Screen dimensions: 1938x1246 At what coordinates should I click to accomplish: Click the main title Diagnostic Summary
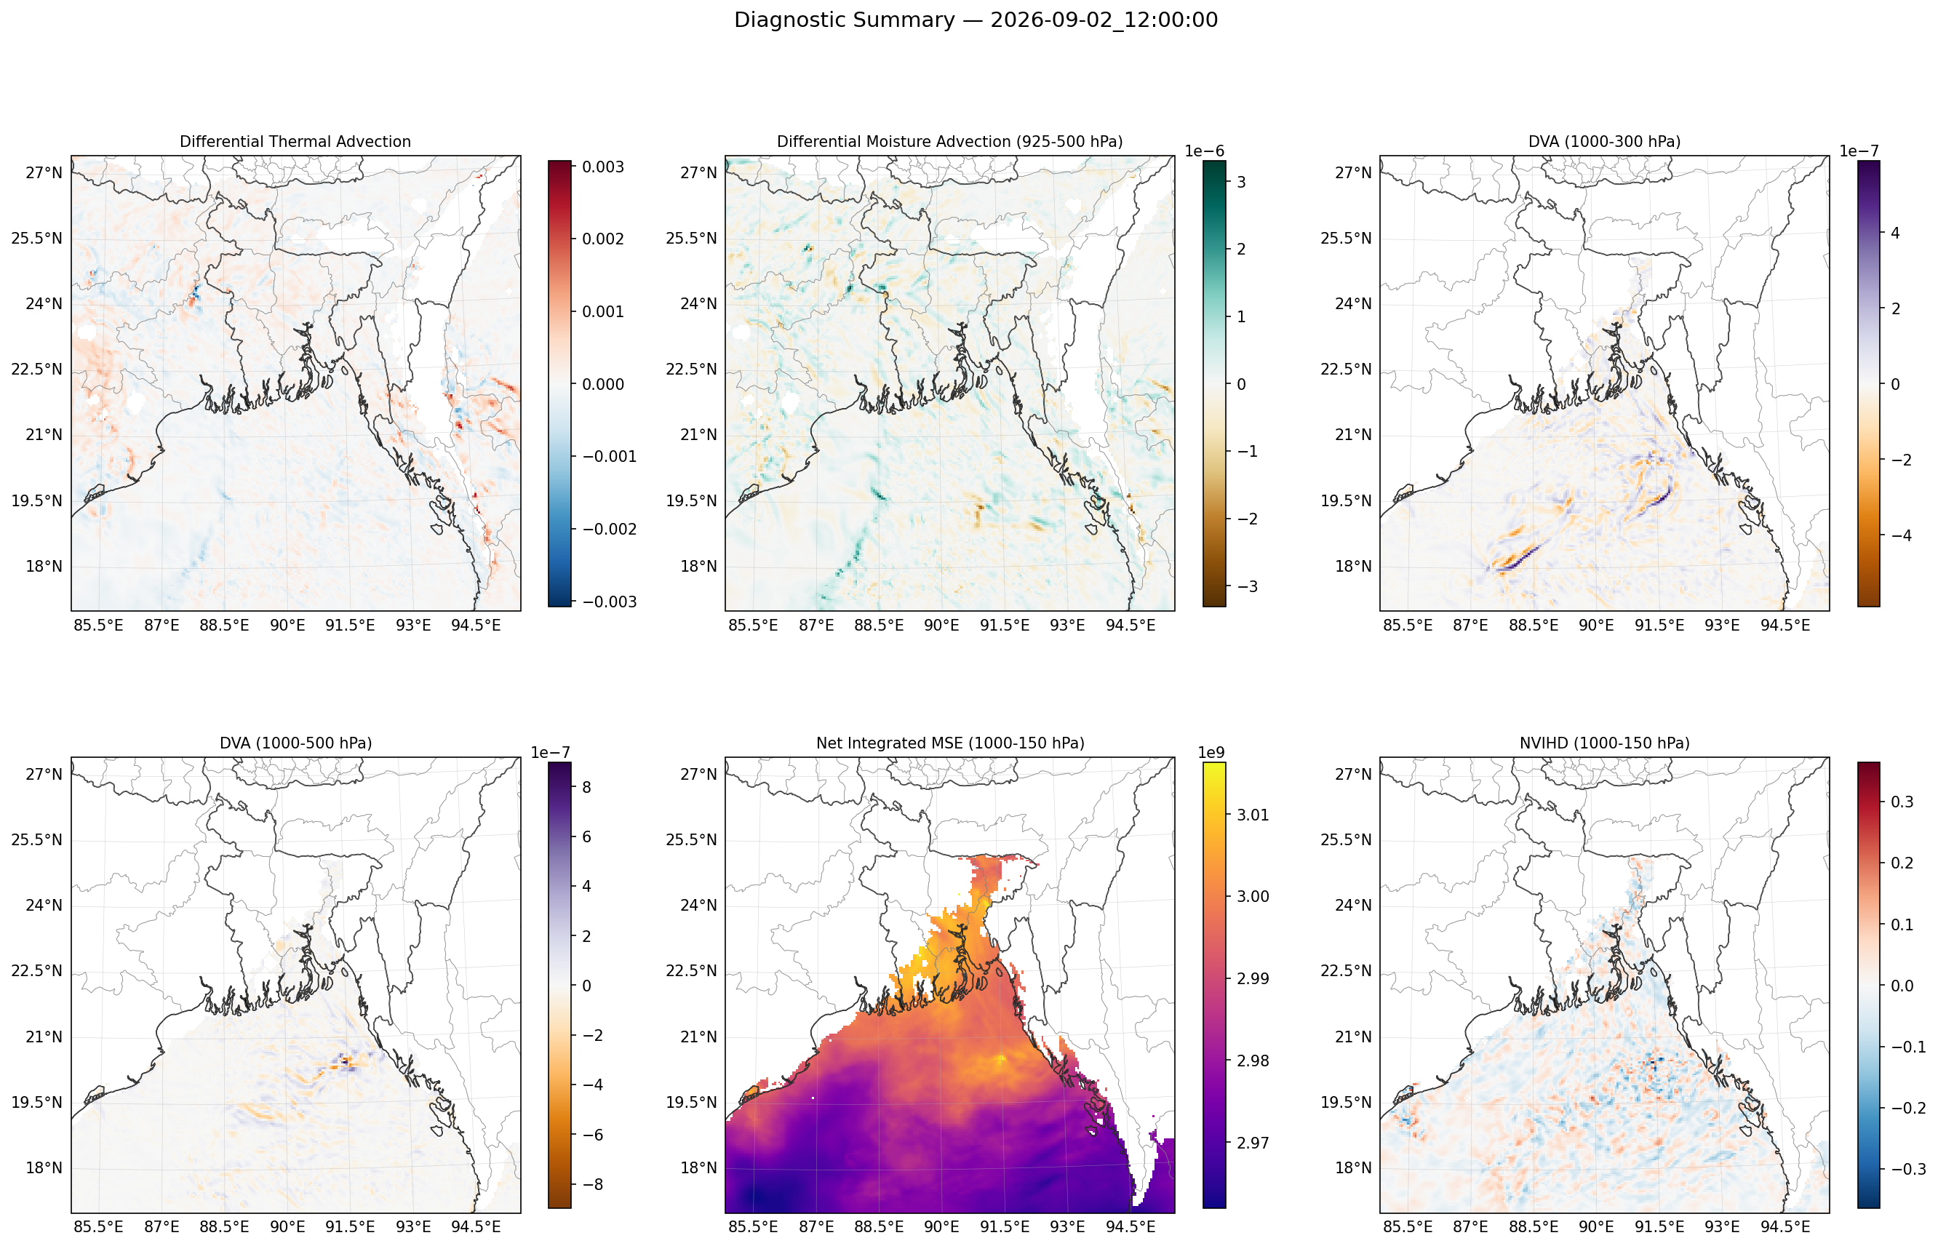[844, 20]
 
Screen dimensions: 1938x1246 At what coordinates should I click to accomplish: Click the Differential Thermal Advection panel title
[295, 142]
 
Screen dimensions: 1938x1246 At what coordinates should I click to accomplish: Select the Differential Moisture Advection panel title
[950, 142]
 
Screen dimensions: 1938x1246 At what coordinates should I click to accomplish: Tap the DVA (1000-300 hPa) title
[1604, 142]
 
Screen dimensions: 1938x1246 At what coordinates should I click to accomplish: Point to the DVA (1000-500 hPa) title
[295, 743]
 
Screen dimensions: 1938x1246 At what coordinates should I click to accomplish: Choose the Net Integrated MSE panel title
[950, 743]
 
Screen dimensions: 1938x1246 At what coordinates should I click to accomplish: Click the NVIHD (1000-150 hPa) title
[1604, 743]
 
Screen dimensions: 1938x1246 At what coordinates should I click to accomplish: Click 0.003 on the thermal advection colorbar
[603, 167]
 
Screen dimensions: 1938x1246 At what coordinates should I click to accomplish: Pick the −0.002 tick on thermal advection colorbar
[610, 529]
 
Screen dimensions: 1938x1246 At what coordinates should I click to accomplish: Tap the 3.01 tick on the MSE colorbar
[1253, 815]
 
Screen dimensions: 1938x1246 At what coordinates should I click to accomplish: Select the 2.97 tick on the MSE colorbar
[1253, 1143]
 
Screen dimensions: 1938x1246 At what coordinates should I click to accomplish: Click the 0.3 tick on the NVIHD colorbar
[1902, 801]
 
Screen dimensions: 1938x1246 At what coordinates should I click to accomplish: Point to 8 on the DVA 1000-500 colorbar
[586, 786]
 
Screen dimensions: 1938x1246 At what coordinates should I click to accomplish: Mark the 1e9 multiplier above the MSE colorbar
[1211, 752]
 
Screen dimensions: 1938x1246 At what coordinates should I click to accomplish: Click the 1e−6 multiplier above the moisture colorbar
[1205, 151]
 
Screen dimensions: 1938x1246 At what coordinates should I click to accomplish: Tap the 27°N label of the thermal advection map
[44, 172]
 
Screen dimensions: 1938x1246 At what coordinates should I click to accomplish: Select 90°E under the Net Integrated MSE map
[942, 1226]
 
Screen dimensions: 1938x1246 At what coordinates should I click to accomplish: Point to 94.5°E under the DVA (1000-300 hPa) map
[1785, 626]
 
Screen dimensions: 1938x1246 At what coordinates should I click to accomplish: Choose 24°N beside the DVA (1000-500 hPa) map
[44, 905]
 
